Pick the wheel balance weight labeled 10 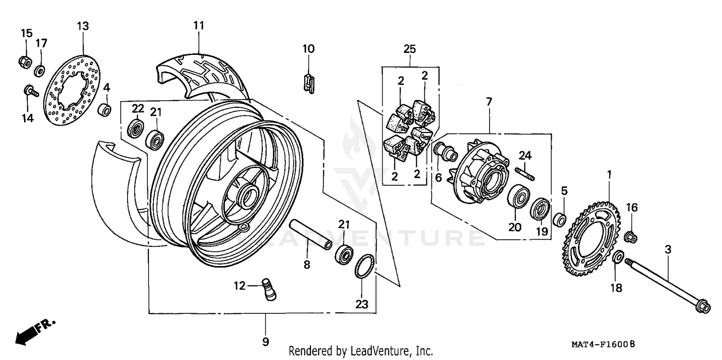[x=309, y=82]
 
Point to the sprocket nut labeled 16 [x=632, y=237]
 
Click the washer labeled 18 [x=618, y=257]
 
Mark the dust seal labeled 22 [x=135, y=129]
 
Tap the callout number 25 [x=410, y=49]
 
